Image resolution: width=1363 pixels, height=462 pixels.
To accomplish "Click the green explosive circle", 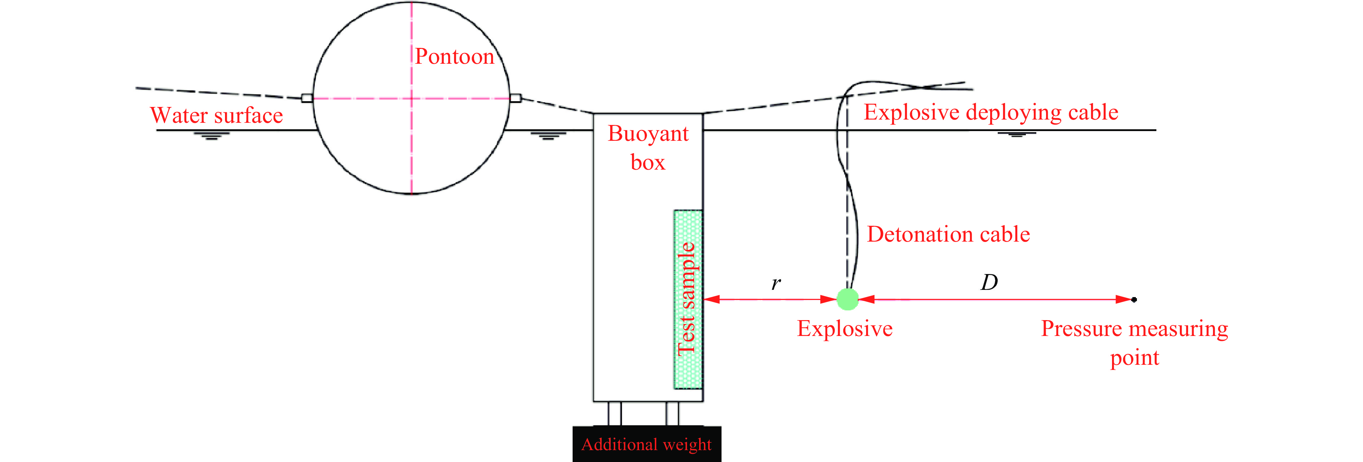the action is click(848, 299).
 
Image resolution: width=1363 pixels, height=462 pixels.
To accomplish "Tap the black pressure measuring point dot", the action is click(1134, 300).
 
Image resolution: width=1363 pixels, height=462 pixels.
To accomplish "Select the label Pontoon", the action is click(454, 57).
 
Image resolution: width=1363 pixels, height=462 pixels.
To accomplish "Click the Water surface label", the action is click(216, 115).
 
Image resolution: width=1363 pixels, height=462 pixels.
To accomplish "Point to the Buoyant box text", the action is click(648, 148).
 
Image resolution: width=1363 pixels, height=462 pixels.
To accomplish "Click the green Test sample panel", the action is click(688, 299).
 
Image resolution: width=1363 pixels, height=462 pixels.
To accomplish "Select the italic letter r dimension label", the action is click(776, 284).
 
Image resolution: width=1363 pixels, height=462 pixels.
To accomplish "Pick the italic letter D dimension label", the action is click(989, 282).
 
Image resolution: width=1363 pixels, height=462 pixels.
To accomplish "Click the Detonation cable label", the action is click(948, 234).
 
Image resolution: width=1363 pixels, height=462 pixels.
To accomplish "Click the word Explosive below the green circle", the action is click(845, 329).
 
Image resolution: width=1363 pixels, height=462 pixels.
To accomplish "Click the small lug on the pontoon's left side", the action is click(307, 98).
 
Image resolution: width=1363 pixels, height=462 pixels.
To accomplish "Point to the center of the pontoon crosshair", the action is click(412, 98).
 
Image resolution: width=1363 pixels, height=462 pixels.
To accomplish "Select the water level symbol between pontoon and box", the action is click(548, 135).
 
